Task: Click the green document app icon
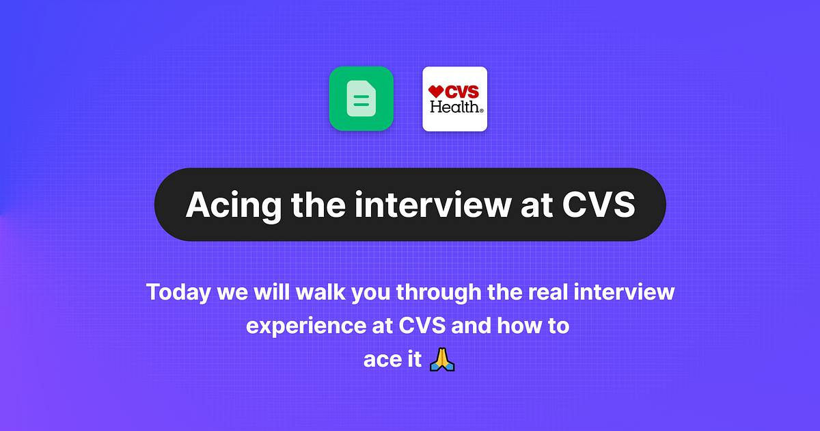(361, 99)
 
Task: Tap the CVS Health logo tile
(454, 99)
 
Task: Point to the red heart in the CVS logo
(436, 91)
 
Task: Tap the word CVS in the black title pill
(598, 205)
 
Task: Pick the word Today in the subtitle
(178, 293)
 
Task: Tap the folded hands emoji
(442, 358)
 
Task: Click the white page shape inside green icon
(361, 99)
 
